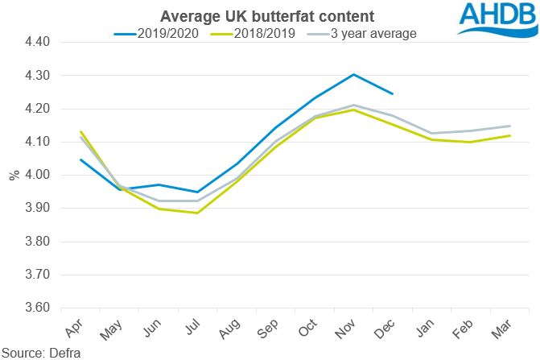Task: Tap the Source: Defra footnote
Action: point(37,352)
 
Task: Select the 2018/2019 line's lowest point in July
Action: point(197,213)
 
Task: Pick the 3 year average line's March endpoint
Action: point(509,126)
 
